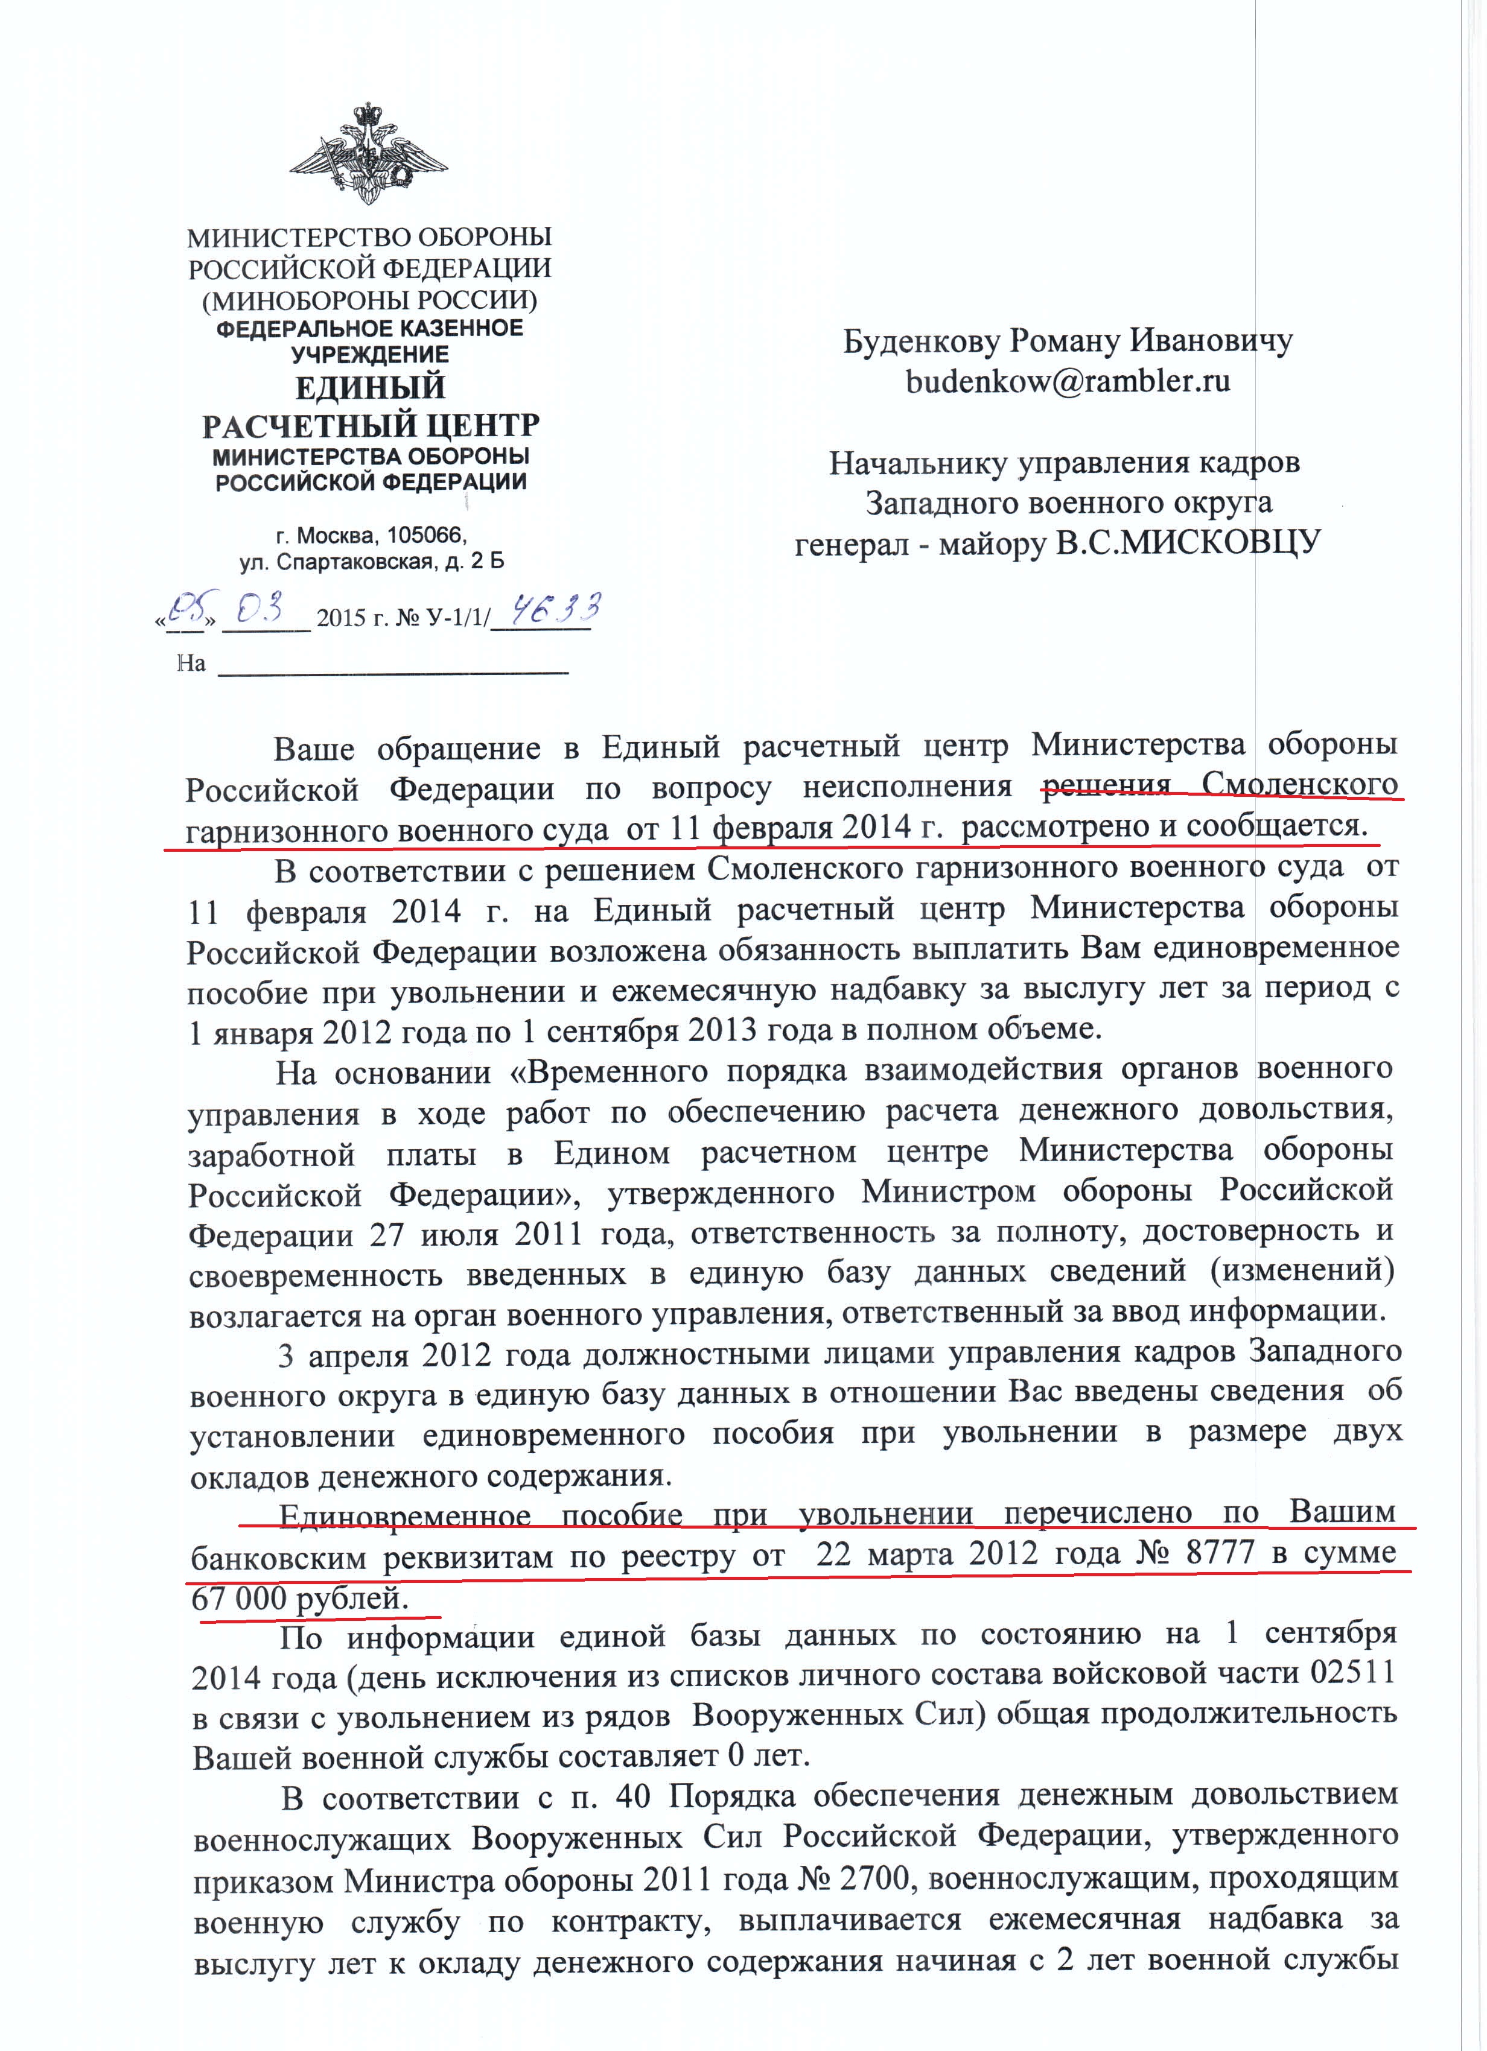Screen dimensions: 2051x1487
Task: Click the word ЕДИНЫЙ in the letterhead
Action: coord(370,387)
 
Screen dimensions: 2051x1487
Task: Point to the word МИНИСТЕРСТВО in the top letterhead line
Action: coord(286,238)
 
